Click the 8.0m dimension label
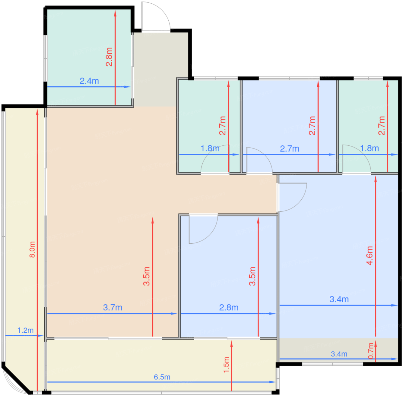32,249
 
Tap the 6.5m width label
162,377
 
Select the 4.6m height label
370,255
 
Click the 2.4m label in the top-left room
89,81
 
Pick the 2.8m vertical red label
109,57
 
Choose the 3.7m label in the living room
113,308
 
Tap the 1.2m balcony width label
25,330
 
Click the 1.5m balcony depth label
227,365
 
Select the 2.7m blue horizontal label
290,149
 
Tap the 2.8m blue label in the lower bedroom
229,308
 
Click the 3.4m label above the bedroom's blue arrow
339,299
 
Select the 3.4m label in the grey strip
339,354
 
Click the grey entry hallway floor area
161,69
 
